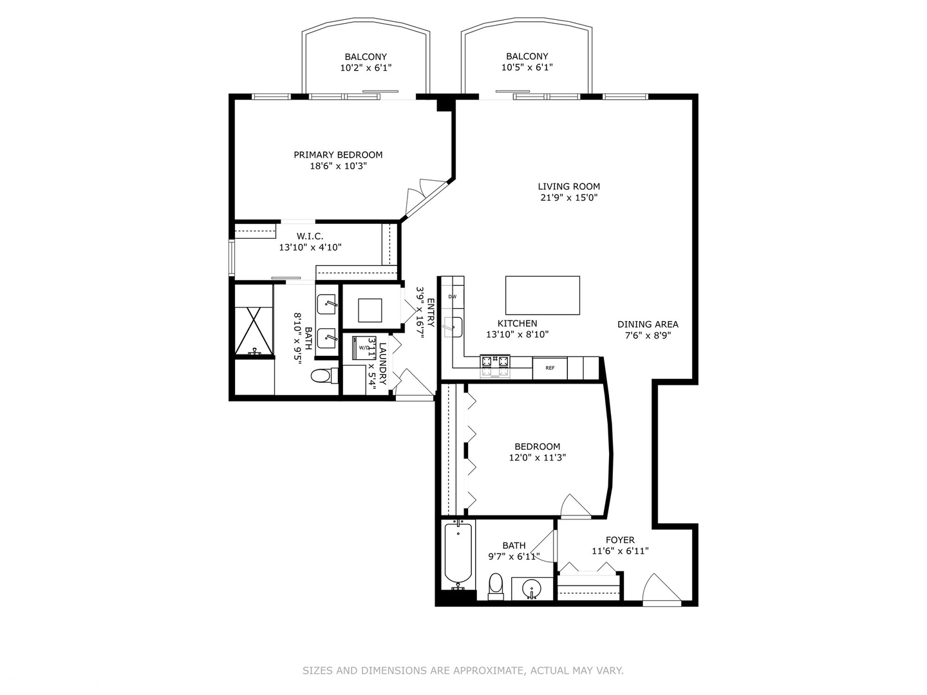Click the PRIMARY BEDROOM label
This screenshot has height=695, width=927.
338,154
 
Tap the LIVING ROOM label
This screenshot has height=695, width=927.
569,187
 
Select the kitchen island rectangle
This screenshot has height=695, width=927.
542,295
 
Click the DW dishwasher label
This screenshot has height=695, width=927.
452,297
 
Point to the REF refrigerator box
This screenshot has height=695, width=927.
550,368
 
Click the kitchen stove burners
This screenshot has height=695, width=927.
494,366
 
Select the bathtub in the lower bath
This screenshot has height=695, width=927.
458,554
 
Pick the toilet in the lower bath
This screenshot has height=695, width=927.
495,585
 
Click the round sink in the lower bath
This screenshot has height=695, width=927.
532,588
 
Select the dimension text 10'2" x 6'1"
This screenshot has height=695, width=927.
366,68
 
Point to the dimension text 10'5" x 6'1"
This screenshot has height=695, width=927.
527,68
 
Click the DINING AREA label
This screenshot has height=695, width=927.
648,324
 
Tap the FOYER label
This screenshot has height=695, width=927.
620,540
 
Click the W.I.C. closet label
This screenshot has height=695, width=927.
310,236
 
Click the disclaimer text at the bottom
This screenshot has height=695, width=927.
463,671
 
